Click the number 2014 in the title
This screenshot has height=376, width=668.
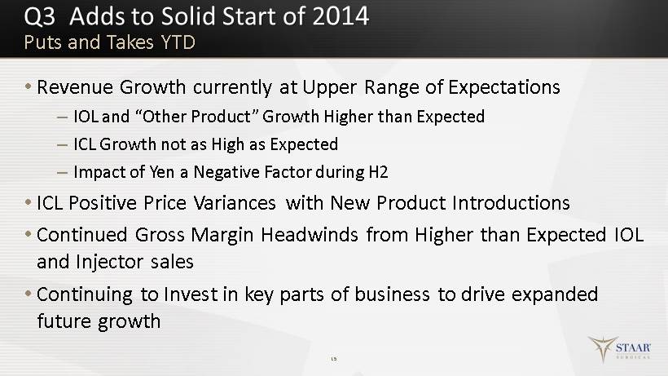pyautogui.click(x=341, y=16)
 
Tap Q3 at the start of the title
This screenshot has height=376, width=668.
pyautogui.click(x=40, y=16)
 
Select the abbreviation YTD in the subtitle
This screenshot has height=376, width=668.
pyautogui.click(x=178, y=42)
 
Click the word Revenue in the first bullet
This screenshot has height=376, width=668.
pyautogui.click(x=75, y=87)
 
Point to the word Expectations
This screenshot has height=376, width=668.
pyautogui.click(x=504, y=87)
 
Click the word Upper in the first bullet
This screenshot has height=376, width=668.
pyautogui.click(x=330, y=88)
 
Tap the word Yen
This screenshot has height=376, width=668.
pyautogui.click(x=162, y=172)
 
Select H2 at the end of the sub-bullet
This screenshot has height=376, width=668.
pyautogui.click(x=378, y=172)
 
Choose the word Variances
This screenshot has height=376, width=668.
pyautogui.click(x=235, y=203)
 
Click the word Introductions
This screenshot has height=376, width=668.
pyautogui.click(x=511, y=203)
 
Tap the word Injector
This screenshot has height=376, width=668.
pyautogui.click(x=109, y=262)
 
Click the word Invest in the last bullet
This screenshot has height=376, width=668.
pyautogui.click(x=191, y=294)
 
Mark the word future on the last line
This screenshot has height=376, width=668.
pyautogui.click(x=64, y=321)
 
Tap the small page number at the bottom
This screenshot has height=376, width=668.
pyautogui.click(x=334, y=359)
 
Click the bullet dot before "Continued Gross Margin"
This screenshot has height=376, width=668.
pyautogui.click(x=29, y=234)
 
